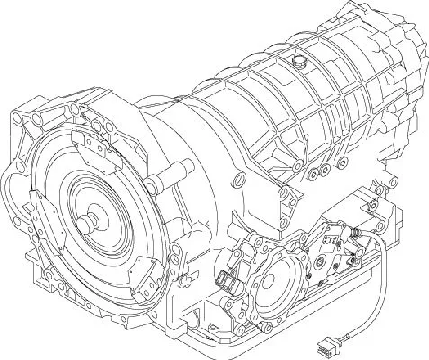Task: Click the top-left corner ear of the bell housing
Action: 20,117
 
